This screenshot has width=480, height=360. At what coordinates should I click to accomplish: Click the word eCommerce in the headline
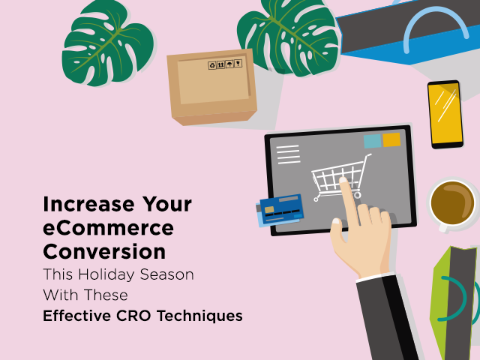(108, 228)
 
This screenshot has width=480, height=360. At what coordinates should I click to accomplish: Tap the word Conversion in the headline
(104, 252)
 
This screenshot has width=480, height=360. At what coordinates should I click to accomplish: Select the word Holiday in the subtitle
(106, 274)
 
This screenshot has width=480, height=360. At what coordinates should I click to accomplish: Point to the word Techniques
(199, 316)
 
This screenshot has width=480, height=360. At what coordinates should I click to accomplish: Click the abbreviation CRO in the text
(133, 316)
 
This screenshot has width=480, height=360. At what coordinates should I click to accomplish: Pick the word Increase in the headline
(88, 204)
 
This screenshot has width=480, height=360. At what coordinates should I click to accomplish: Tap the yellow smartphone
(445, 115)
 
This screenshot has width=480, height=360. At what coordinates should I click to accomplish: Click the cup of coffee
(452, 203)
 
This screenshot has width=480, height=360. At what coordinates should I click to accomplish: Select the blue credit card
(280, 210)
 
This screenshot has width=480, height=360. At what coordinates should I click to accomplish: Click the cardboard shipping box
(212, 87)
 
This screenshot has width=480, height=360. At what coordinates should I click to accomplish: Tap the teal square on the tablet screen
(372, 141)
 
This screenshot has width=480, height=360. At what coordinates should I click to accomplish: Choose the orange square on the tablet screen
(391, 139)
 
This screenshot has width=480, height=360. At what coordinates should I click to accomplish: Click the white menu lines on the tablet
(288, 154)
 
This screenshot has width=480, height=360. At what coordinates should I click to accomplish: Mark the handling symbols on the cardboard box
(225, 64)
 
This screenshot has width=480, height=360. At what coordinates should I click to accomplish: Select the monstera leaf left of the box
(108, 43)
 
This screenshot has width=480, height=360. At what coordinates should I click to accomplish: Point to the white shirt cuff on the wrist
(375, 277)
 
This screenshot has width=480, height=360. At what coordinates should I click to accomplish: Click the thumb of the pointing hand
(337, 232)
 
